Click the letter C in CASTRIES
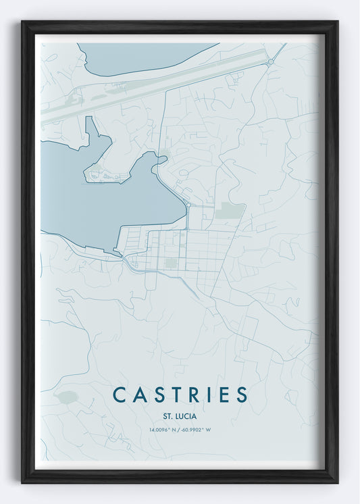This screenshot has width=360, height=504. [x=119, y=395]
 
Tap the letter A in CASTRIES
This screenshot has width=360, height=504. [x=138, y=395]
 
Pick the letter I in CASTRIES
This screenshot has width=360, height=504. [x=208, y=395]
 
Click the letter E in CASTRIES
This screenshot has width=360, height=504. [x=222, y=395]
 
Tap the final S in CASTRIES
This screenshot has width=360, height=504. [x=241, y=395]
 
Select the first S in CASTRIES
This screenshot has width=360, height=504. [x=157, y=395]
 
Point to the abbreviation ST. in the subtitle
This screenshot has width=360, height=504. [x=168, y=416]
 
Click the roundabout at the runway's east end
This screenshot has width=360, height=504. [x=270, y=61]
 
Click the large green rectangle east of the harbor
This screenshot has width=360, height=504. [x=230, y=210]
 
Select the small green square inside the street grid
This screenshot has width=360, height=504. [x=171, y=263]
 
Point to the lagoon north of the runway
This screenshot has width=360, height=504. [x=135, y=57]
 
